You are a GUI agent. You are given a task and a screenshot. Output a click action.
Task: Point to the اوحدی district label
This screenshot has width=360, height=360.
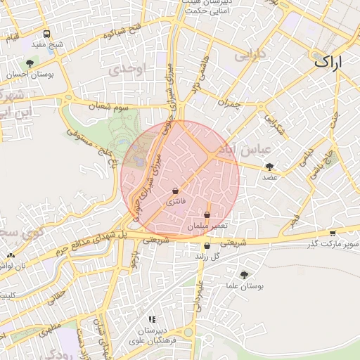(126, 69)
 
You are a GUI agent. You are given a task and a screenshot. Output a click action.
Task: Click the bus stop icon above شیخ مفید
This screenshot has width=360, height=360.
(46, 34)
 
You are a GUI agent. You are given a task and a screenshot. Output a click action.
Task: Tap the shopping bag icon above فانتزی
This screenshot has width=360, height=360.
(175, 191)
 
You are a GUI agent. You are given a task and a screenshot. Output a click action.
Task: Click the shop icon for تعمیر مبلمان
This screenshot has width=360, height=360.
(207, 215)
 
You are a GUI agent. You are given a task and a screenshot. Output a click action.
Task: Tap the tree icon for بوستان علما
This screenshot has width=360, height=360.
(244, 275)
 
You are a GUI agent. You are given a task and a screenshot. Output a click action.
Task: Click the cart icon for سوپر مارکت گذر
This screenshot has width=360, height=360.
(333, 233)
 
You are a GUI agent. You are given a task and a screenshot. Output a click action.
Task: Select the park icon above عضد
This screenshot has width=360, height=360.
(269, 167)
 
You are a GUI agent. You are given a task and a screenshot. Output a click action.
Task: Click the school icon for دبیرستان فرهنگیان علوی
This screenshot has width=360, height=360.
(152, 320)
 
